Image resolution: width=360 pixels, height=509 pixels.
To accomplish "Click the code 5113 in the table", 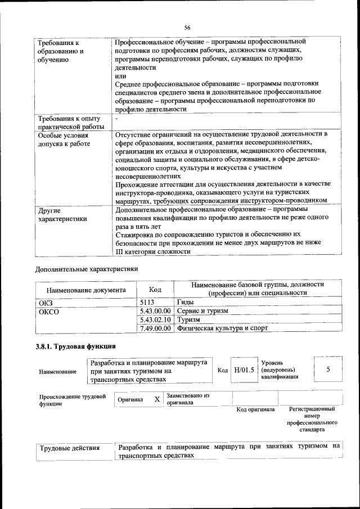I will click(x=147, y=302).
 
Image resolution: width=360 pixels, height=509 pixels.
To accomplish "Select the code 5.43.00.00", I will click(x=155, y=310).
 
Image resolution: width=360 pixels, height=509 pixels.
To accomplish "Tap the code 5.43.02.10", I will click(x=155, y=319).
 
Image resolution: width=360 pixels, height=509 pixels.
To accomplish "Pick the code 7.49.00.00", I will click(x=155, y=327).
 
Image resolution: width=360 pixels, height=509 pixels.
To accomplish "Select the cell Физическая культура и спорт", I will click(x=222, y=327).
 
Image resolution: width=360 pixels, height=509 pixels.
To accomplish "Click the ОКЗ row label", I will click(x=44, y=302).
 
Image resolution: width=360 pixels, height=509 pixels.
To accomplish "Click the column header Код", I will click(x=155, y=289).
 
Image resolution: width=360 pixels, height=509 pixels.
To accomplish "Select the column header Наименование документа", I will click(x=86, y=290).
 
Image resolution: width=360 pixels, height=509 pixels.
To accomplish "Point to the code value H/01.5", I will click(x=244, y=370).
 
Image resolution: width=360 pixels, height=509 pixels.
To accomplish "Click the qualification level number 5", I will click(x=328, y=369).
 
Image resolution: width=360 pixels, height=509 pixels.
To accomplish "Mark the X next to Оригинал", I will click(x=157, y=399).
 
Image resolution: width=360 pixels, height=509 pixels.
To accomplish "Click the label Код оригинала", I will click(x=255, y=409).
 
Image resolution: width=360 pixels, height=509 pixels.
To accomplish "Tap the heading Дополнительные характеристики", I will click(x=87, y=269).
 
